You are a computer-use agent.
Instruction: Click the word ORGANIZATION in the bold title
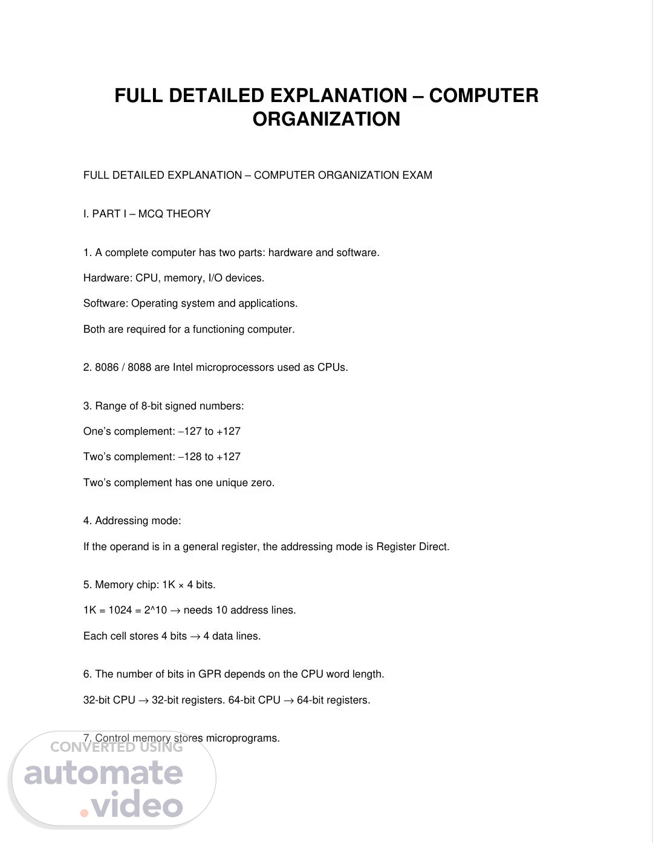pos(326,119)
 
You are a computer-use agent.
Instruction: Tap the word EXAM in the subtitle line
pos(418,175)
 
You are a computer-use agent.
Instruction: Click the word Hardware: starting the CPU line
pos(108,278)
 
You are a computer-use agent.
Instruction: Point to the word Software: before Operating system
pos(106,303)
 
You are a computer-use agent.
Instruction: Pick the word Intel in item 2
pos(183,367)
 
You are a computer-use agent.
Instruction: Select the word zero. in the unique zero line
pos(262,482)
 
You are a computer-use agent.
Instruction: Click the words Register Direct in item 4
pos(412,547)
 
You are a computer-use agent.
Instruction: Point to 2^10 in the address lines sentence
pos(155,610)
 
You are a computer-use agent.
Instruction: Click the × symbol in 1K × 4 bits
pos(181,585)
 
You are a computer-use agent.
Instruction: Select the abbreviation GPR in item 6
pos(209,674)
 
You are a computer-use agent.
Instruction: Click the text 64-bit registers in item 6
pos(333,700)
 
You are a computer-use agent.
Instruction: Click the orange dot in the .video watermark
pos(84,813)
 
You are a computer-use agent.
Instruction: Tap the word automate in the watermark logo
pos(103,773)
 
